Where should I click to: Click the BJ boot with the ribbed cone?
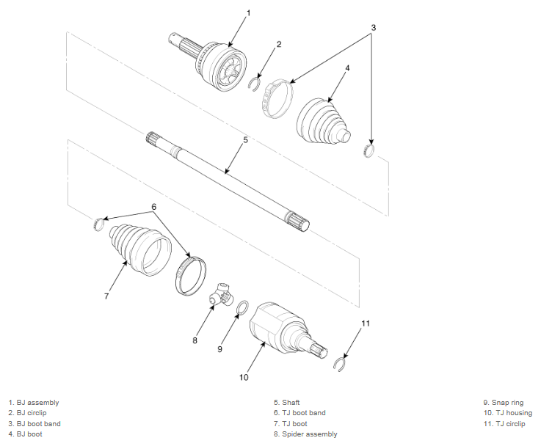pyautogui.click(x=322, y=121)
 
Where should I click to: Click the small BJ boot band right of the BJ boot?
pyautogui.click(x=368, y=150)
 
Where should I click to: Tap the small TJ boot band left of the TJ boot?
pyautogui.click(x=98, y=224)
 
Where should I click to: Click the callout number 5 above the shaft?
pyautogui.click(x=245, y=140)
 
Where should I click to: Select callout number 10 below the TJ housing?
pyautogui.click(x=244, y=377)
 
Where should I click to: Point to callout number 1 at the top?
pyautogui.click(x=248, y=13)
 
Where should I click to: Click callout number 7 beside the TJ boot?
pyautogui.click(x=106, y=296)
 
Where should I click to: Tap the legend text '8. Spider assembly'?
pyautogui.click(x=305, y=434)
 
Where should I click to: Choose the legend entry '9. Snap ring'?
pyautogui.click(x=504, y=403)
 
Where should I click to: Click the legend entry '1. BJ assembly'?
pyautogui.click(x=34, y=403)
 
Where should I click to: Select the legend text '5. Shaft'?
pyautogui.click(x=287, y=403)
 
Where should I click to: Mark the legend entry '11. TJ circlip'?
pyautogui.click(x=504, y=424)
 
